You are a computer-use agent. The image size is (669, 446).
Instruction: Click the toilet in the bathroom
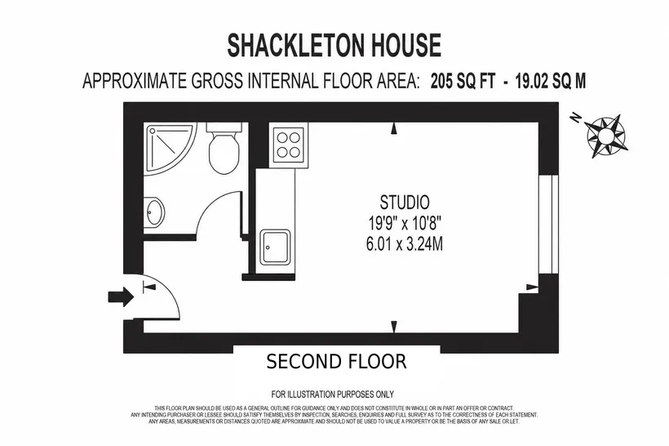(224, 147)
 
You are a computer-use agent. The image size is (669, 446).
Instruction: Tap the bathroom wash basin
(154, 212)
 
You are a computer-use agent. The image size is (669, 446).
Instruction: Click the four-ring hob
(288, 145)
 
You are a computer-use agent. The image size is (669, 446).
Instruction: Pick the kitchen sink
(276, 247)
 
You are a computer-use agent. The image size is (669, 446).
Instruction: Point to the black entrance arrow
(121, 296)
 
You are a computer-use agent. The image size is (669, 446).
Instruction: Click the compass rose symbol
(605, 136)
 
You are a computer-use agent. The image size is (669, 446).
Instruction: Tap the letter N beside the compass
(577, 117)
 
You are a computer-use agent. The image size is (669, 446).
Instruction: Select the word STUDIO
(405, 202)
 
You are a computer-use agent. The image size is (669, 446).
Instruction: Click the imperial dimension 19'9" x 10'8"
(405, 223)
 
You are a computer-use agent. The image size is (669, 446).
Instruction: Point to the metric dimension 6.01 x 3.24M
(405, 244)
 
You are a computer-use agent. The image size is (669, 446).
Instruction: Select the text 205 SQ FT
(463, 81)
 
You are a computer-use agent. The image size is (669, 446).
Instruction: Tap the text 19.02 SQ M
(551, 81)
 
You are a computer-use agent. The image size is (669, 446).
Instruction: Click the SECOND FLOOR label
(336, 361)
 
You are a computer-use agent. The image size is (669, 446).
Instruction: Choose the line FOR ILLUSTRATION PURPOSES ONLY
(332, 394)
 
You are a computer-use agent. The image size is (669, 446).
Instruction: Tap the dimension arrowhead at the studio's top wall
(394, 128)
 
